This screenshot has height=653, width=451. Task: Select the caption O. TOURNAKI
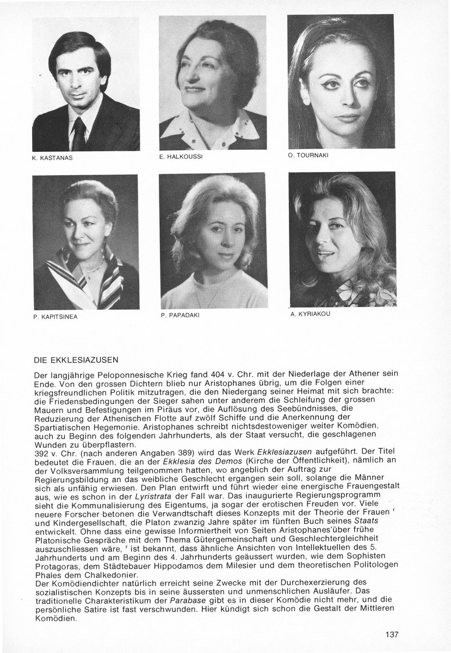(x=309, y=155)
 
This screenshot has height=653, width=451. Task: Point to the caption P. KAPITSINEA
(x=55, y=316)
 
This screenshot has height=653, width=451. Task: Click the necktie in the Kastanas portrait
(x=79, y=134)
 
